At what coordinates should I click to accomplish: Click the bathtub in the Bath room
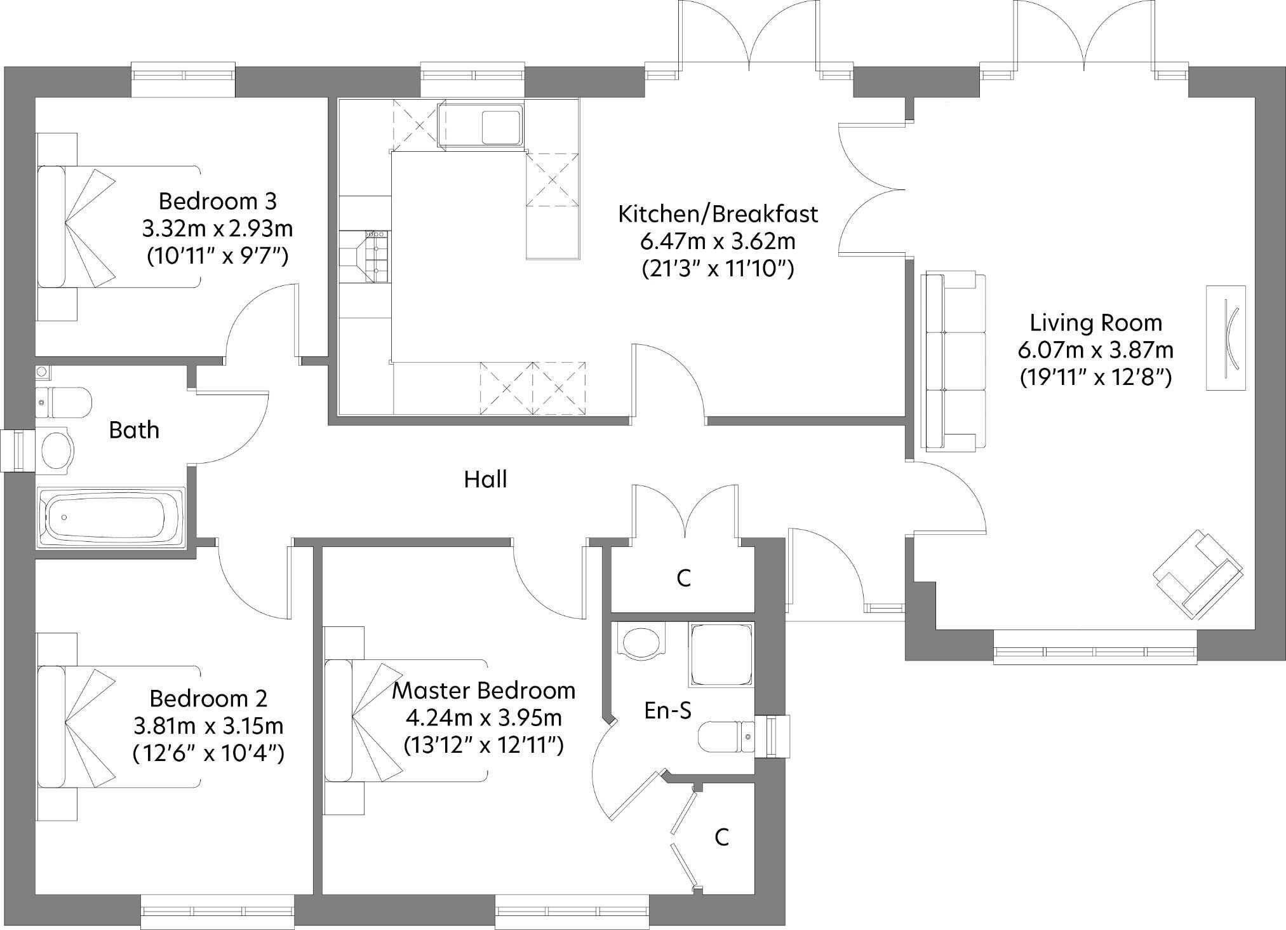tap(111, 517)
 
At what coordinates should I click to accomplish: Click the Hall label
tap(485, 479)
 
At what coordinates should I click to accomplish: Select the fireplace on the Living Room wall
tap(1226, 337)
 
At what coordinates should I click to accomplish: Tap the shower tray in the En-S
tap(721, 654)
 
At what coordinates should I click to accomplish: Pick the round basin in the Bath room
tap(56, 449)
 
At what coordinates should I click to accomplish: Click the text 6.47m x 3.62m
tap(718, 241)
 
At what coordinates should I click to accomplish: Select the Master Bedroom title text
tap(483, 691)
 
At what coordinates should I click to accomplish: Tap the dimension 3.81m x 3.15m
tap(208, 725)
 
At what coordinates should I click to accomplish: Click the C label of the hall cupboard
tap(683, 578)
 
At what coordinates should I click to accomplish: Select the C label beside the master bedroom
tap(721, 837)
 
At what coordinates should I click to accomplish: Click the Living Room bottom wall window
tap(1095, 652)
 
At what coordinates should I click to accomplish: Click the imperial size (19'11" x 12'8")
tap(1095, 377)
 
